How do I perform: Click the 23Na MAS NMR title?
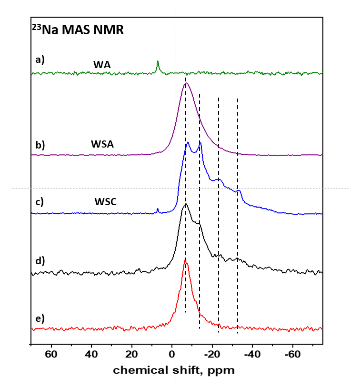(78, 30)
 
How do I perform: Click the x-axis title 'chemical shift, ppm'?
(174, 370)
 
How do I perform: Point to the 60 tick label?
(51, 354)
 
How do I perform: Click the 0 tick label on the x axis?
(171, 354)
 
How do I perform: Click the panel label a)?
(40, 60)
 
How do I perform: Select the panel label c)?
(40, 201)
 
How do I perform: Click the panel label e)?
(40, 318)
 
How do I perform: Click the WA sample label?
(102, 64)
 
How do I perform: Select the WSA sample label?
(102, 144)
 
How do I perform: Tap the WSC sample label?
(105, 202)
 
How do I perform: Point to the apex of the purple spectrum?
(186, 83)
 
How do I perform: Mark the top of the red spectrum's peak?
(185, 260)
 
